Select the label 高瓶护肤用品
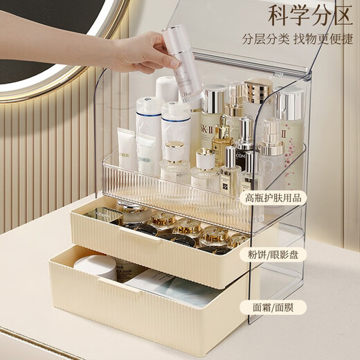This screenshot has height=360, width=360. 273,197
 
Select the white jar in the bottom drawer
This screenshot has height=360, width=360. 97,266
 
